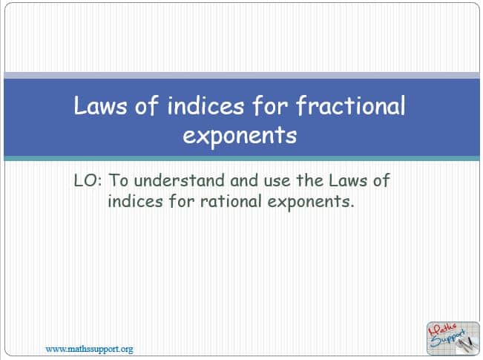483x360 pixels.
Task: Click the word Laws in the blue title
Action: click(x=100, y=105)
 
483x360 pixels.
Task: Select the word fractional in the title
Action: click(x=351, y=105)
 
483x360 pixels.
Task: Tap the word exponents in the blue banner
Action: click(x=240, y=136)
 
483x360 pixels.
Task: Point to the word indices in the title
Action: click(x=206, y=105)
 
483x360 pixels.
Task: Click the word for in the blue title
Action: click(x=270, y=105)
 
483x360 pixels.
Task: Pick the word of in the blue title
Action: click(x=147, y=105)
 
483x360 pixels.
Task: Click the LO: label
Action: click(x=88, y=180)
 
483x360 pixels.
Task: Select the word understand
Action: click(x=180, y=180)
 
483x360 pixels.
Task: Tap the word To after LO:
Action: click(x=118, y=180)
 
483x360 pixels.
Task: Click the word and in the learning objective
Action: click(x=244, y=180)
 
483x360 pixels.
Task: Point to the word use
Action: click(x=277, y=182)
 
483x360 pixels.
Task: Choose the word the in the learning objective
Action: click(x=309, y=180)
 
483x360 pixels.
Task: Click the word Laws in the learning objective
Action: click(x=348, y=180)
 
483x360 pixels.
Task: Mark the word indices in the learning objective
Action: click(x=135, y=201)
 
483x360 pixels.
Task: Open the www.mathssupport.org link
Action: click(x=89, y=349)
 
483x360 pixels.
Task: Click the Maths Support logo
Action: click(x=453, y=338)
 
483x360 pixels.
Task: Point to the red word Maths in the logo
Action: click(x=444, y=330)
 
